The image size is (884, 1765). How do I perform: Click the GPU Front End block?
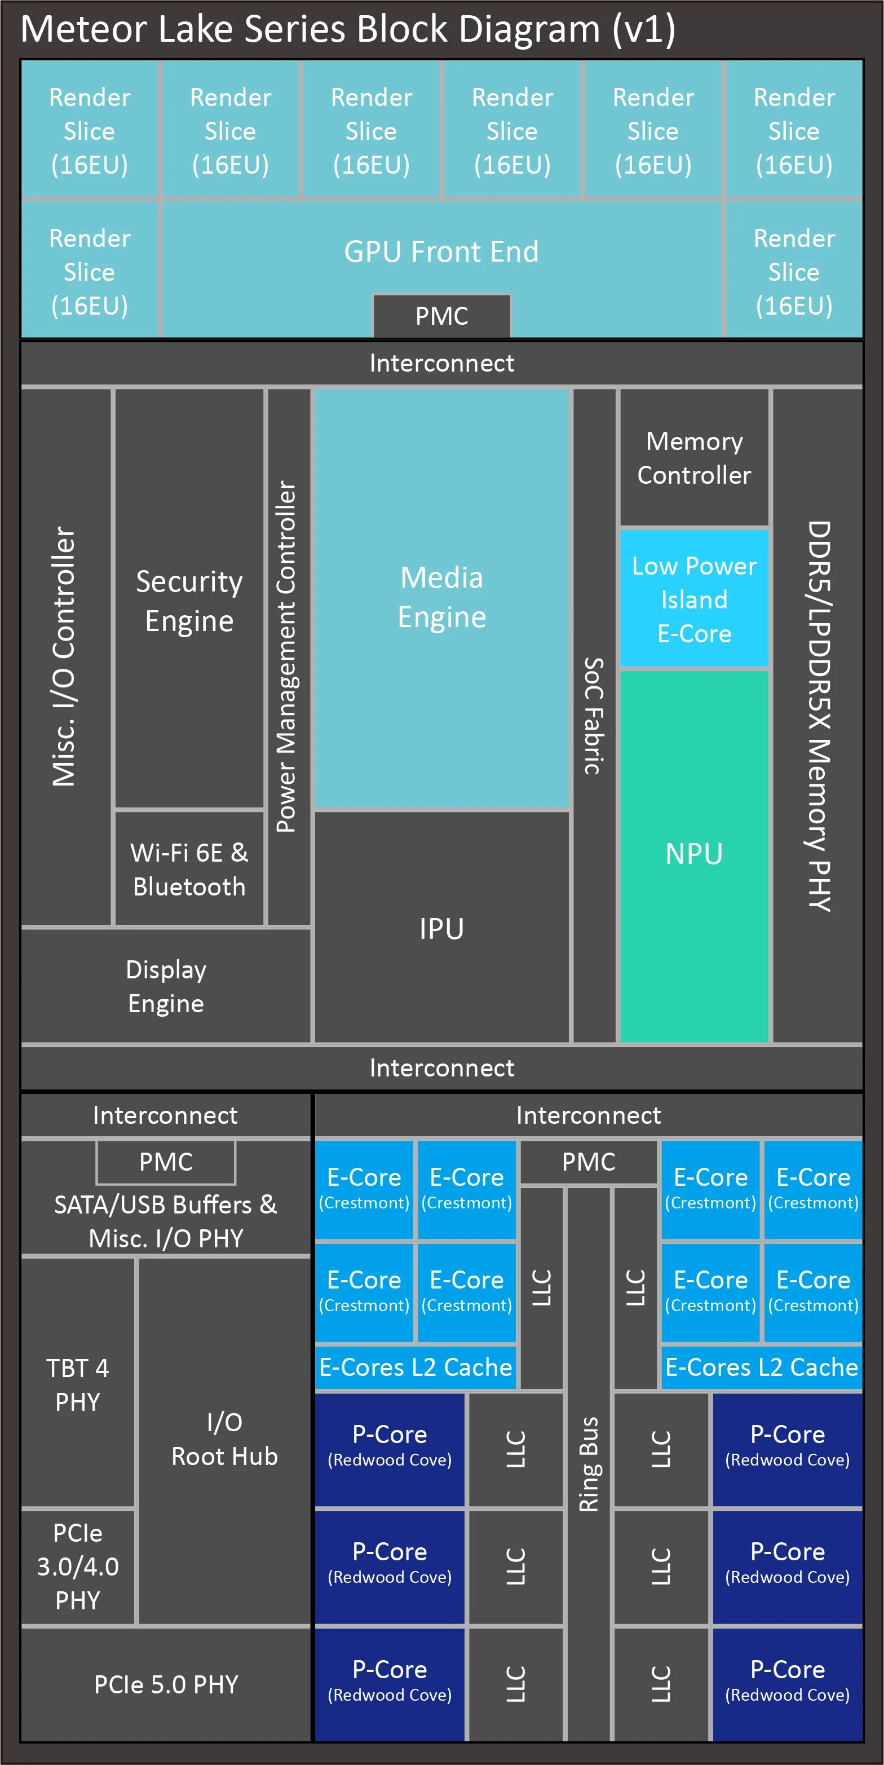pos(441,251)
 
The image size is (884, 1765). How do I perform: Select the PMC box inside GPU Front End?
pos(441,316)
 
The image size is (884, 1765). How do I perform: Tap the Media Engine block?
pos(441,598)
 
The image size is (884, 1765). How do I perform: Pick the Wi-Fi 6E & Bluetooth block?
pos(189,869)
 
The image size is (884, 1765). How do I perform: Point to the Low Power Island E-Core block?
pos(694,599)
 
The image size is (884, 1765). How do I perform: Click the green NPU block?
pos(694,854)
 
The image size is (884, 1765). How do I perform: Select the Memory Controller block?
pos(694,458)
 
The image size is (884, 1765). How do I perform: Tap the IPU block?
pos(441,928)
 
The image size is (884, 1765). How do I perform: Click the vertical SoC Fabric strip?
pos(594,716)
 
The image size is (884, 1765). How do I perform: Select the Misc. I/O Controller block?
pos(65,656)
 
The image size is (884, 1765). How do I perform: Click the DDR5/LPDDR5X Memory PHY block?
pos(817,716)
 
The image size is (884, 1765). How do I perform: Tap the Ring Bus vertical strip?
pos(588,1463)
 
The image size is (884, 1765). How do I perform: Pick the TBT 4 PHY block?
pos(77,1384)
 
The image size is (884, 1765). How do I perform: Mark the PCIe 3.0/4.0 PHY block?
pos(77,1567)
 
